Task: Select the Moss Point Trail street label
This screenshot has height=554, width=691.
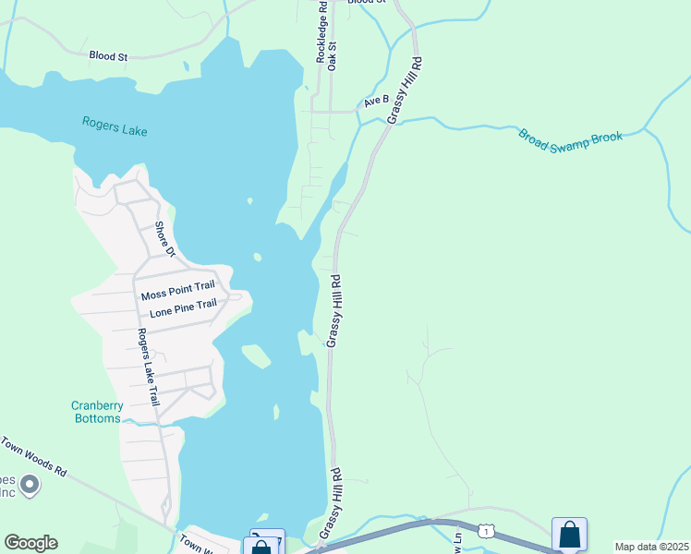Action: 176,295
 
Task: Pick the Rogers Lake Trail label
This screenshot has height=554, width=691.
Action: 147,367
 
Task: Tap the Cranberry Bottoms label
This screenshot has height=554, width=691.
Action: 96,412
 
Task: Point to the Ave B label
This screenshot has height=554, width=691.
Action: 375,101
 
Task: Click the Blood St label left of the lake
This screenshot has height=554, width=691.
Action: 108,56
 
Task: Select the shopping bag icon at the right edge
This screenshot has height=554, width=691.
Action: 569,535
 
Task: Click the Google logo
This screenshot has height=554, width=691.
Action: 30,542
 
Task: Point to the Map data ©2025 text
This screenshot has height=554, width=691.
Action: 651,547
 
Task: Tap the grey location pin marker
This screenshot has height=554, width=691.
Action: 30,484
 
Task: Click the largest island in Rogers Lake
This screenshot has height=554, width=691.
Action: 256,355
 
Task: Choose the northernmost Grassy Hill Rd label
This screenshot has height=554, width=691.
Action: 405,90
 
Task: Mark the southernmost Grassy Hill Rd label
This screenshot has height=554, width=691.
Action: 330,502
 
